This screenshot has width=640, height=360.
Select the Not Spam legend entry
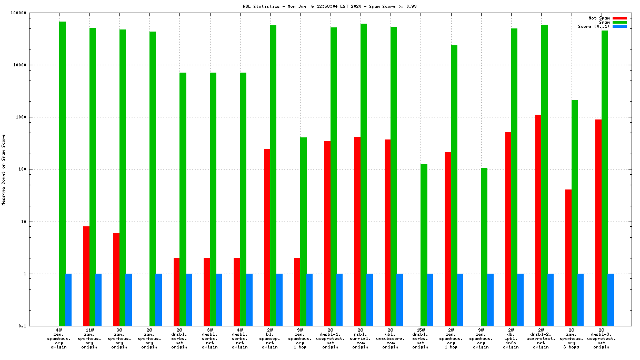pos(599,18)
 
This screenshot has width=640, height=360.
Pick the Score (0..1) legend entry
pos(594,26)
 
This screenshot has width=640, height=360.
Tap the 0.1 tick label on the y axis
pos(37,326)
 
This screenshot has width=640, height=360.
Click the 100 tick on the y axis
pos(37,169)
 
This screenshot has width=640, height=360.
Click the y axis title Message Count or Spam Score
pos(3,170)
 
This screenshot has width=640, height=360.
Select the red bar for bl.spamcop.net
pos(267,237)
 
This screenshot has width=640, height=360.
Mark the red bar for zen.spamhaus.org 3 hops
pos(568,257)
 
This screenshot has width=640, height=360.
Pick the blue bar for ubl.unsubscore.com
pos(400,299)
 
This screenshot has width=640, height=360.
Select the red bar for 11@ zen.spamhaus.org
pos(86,276)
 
